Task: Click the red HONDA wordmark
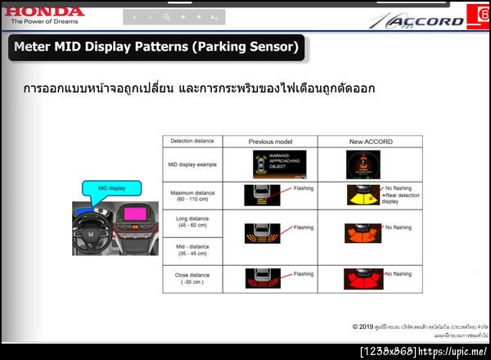click(x=43, y=11)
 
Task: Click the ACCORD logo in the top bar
click(x=426, y=20)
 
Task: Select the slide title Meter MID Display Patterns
click(x=156, y=47)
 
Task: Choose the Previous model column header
click(x=270, y=142)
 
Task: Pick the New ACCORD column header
click(x=371, y=142)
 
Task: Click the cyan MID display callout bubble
click(x=112, y=187)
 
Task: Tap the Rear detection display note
click(x=401, y=199)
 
